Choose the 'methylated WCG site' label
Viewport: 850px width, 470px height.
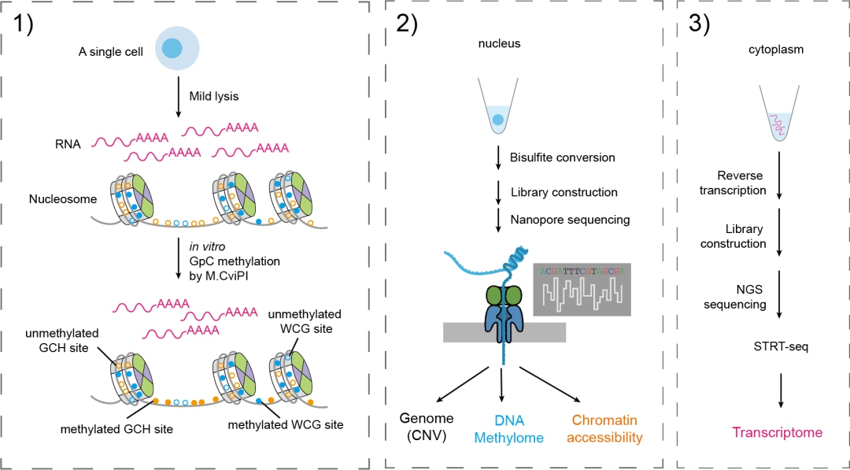coord(285,425)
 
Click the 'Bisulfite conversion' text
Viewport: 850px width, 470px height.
coord(563,157)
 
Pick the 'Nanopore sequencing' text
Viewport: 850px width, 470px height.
coord(570,220)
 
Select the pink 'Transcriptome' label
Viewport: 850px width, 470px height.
coord(778,432)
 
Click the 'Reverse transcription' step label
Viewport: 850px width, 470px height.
coord(742,183)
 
